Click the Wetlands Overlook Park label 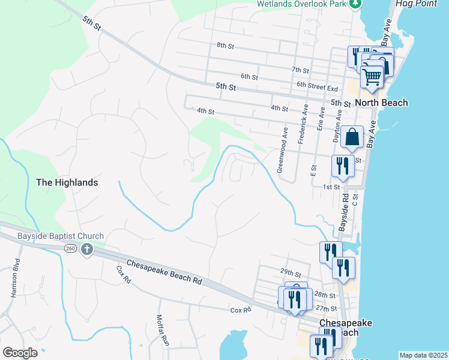point(302,4)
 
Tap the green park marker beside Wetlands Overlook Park point(356,4)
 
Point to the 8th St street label point(225,46)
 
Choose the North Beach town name point(381,103)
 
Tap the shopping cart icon point(372,76)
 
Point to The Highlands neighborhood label point(67,182)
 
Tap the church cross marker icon point(86,249)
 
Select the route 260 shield point(70,249)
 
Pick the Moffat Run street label point(163,331)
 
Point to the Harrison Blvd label point(14,278)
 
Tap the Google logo point(20,352)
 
